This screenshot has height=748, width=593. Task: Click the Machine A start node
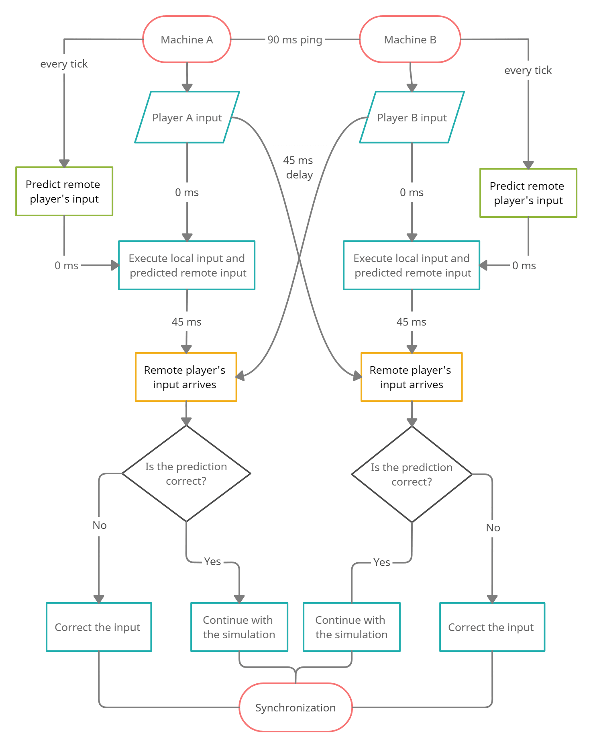coord(187,39)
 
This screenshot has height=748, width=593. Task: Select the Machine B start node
coord(410,39)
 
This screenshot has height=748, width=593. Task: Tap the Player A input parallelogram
coord(187,117)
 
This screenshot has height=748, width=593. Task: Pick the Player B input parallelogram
coord(412,117)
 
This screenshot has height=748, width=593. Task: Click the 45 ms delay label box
coord(299,168)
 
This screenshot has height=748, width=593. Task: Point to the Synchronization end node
coord(295,707)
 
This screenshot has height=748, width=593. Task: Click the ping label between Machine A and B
coord(295,40)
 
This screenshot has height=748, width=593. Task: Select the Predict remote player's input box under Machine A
coord(64,191)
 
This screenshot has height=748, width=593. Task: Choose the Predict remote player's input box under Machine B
coord(528,193)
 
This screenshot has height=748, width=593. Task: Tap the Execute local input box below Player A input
coord(187,265)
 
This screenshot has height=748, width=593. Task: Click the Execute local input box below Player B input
coord(412,265)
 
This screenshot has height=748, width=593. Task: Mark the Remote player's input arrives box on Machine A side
coord(186,377)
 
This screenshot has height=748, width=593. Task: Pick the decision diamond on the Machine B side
coord(412,474)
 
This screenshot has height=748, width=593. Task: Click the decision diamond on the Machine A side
coord(186,473)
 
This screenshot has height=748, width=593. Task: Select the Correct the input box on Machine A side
coord(99,627)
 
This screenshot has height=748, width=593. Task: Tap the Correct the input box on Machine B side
coord(492,627)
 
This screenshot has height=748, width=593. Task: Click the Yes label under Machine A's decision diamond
coord(212,562)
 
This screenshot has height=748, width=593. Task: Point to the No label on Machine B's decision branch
coord(493,528)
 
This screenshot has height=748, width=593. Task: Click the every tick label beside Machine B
coord(528,70)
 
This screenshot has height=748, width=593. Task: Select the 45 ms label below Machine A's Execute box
coord(187,322)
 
